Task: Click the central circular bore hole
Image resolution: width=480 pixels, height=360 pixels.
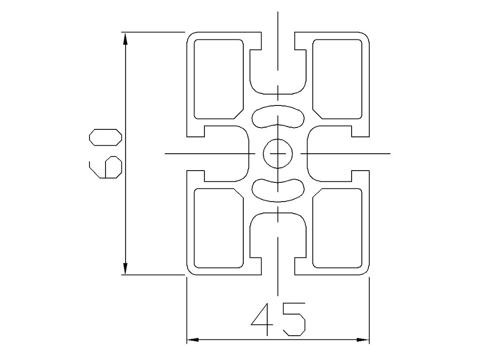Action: [x=278, y=154]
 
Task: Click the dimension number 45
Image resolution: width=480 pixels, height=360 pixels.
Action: [x=278, y=320]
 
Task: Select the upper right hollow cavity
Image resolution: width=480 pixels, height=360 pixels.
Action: [x=337, y=79]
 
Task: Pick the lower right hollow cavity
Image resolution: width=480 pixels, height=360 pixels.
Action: [x=337, y=228]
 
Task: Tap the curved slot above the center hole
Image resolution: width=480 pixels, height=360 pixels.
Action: [x=278, y=118]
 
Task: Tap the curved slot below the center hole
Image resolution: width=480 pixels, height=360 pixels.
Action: [x=278, y=189]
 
